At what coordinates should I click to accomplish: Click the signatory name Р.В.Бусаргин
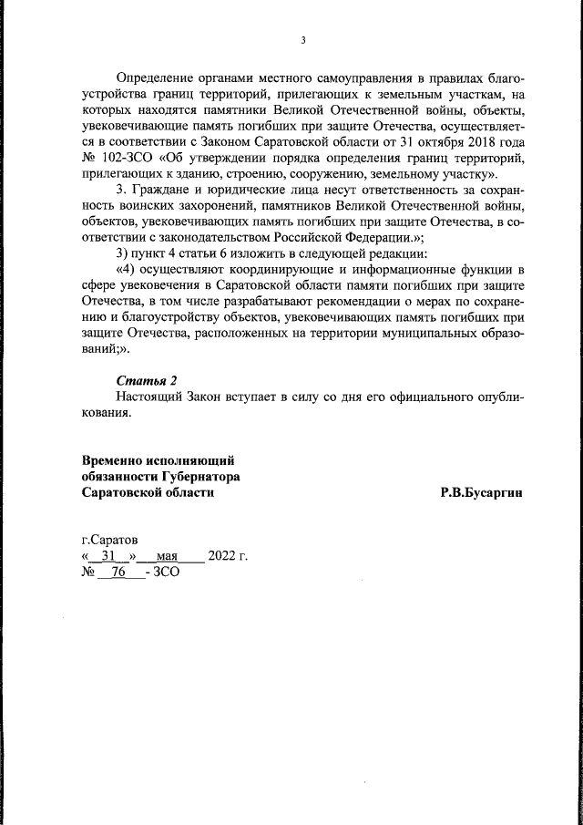point(482,492)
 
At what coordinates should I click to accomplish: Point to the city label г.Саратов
point(110,540)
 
